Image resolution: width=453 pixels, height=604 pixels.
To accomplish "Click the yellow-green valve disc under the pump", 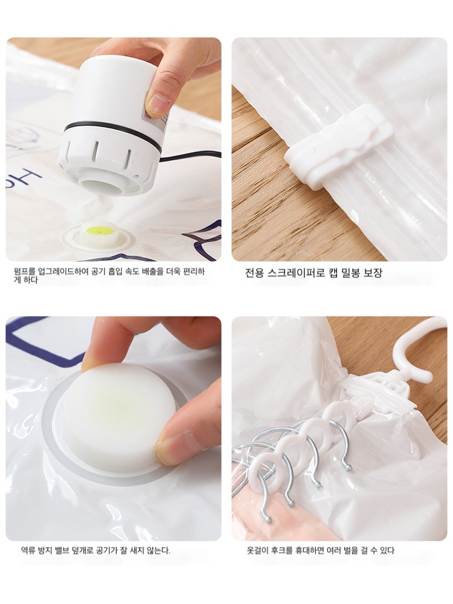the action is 100,231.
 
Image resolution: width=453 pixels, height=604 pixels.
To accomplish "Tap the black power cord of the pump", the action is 190,156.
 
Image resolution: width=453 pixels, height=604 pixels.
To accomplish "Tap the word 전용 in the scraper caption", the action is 255,273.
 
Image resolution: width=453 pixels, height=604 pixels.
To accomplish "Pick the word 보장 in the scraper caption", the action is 373,273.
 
